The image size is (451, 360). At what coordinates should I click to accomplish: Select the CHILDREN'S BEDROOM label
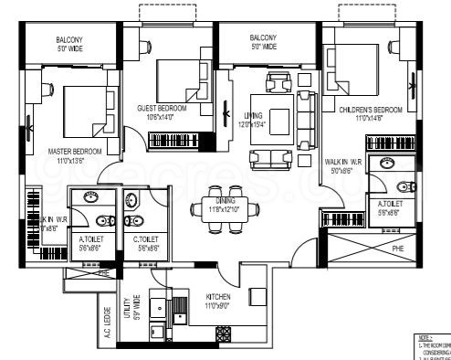click(x=362, y=110)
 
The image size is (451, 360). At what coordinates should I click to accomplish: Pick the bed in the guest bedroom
click(x=178, y=78)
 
